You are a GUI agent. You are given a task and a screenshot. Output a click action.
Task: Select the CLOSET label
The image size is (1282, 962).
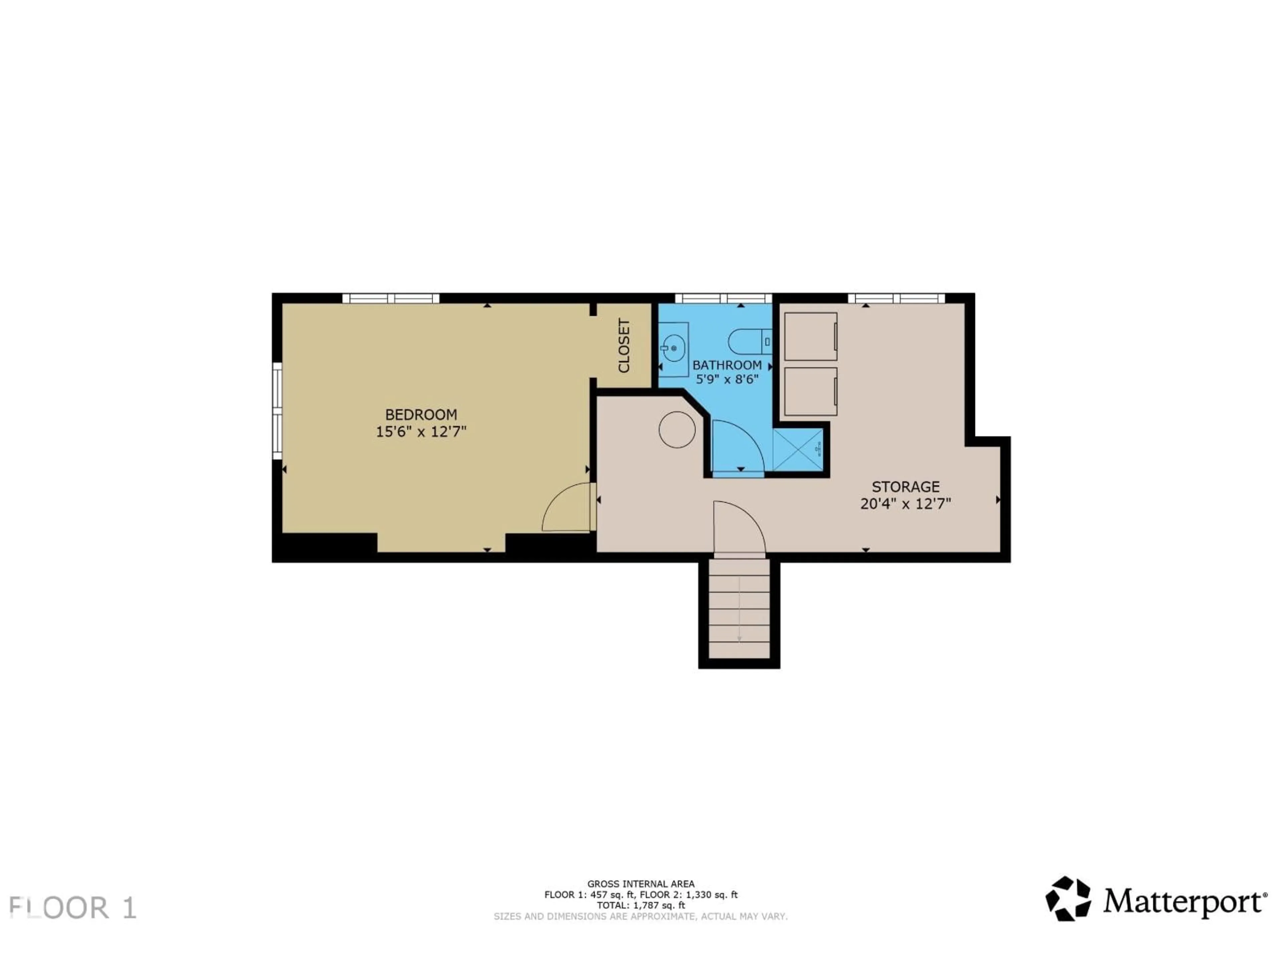(624, 346)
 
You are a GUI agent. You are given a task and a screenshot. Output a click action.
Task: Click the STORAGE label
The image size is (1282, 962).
(905, 486)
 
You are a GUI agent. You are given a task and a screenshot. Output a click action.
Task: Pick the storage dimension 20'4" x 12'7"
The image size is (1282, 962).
(905, 503)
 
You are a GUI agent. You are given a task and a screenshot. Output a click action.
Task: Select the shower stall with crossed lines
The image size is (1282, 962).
(798, 449)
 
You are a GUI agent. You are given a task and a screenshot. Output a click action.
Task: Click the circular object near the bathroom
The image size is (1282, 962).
(677, 430)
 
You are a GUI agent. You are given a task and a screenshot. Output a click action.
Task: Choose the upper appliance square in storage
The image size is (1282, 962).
(810, 336)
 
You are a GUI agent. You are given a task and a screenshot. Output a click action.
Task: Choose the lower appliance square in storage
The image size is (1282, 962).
(810, 391)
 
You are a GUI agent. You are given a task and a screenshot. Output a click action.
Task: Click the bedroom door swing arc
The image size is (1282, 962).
(565, 507)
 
